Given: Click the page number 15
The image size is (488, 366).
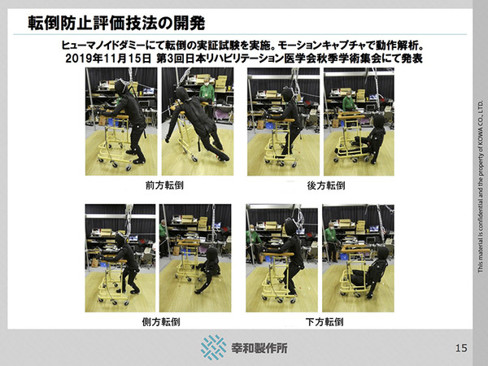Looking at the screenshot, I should [x=461, y=348].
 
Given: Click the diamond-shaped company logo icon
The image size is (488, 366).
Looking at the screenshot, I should [x=214, y=347].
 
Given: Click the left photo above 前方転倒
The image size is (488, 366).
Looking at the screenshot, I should [x=121, y=122].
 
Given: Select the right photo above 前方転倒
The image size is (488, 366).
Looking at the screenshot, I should [x=197, y=122].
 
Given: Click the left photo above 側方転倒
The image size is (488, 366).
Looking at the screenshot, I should [x=121, y=259].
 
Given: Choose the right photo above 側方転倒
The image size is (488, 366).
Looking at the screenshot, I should [x=197, y=259].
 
